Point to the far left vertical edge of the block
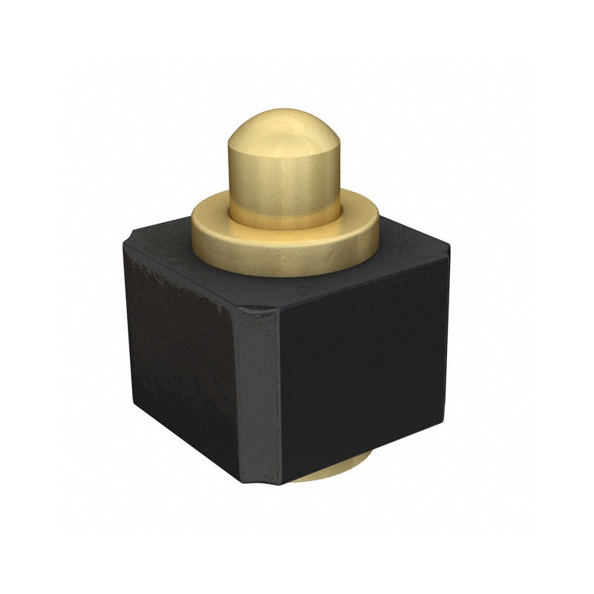point(125,327)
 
